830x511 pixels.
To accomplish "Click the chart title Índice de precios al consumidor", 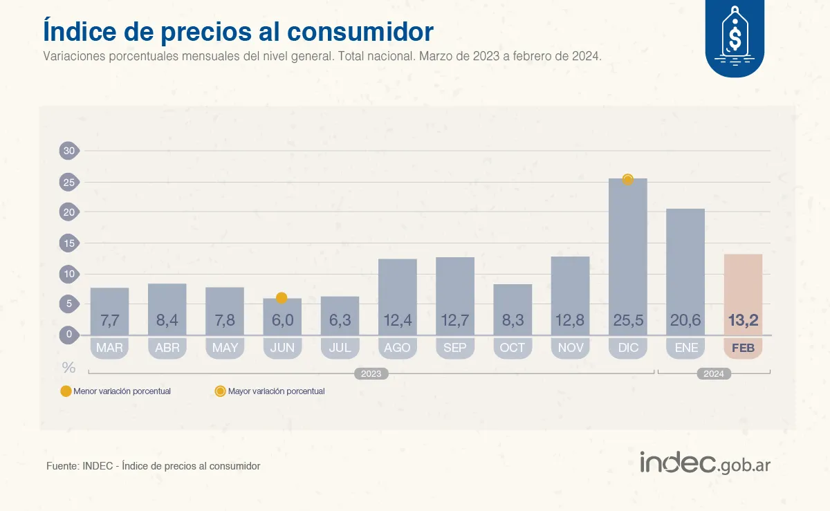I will pyautogui.click(x=238, y=31).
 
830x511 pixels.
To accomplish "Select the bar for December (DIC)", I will pyautogui.click(x=627, y=256).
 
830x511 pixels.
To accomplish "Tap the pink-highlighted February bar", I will pyautogui.click(x=742, y=294).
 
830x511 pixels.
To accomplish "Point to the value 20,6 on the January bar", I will pyautogui.click(x=685, y=321).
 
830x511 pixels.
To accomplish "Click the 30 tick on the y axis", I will pyautogui.click(x=69, y=151).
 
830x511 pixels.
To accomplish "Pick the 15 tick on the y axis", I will pyautogui.click(x=69, y=243).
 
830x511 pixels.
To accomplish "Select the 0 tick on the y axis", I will pyautogui.click(x=69, y=335).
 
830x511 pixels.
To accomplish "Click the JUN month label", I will pyautogui.click(x=282, y=348).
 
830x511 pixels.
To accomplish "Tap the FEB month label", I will pyautogui.click(x=743, y=348).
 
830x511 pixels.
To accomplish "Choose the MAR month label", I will pyautogui.click(x=109, y=348).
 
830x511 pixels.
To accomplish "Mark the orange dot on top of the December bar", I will pyautogui.click(x=627, y=180).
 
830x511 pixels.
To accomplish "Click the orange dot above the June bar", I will pyautogui.click(x=282, y=298).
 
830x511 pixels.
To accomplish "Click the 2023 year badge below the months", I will pyautogui.click(x=371, y=374).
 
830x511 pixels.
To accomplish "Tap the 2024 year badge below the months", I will pyautogui.click(x=713, y=374).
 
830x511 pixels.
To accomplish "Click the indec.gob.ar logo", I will pyautogui.click(x=705, y=463).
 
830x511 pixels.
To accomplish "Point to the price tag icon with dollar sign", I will pyautogui.click(x=734, y=32).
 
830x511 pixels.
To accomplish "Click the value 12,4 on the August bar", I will pyautogui.click(x=397, y=321).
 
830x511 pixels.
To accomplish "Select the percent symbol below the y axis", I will pyautogui.click(x=68, y=366).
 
